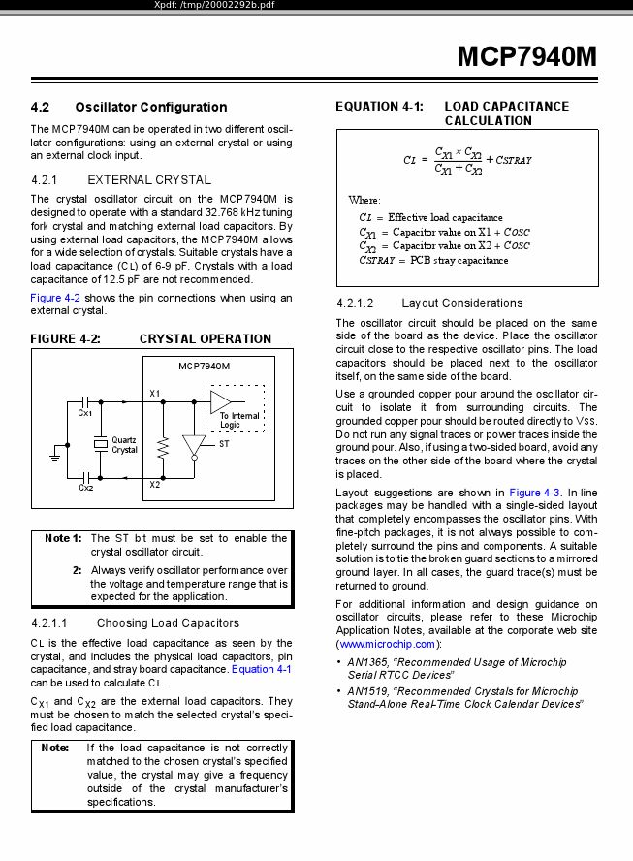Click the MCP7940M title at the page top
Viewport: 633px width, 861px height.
point(526,56)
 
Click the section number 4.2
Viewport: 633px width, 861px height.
point(40,107)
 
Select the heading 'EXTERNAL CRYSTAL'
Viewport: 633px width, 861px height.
point(149,179)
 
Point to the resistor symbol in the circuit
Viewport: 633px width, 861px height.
point(164,447)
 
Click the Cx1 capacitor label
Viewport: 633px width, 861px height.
point(85,413)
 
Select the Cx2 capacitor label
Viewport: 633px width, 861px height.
point(85,488)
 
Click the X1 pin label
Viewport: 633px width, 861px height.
point(155,392)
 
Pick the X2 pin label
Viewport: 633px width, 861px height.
point(155,484)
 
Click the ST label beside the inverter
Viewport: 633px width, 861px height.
point(224,443)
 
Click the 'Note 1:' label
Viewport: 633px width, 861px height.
point(63,538)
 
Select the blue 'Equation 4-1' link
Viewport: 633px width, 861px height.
point(261,669)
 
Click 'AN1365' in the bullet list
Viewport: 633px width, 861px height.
point(368,662)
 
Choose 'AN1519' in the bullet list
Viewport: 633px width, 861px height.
point(368,691)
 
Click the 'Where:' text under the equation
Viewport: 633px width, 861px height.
point(364,200)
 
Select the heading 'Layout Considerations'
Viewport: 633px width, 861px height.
point(461,303)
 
